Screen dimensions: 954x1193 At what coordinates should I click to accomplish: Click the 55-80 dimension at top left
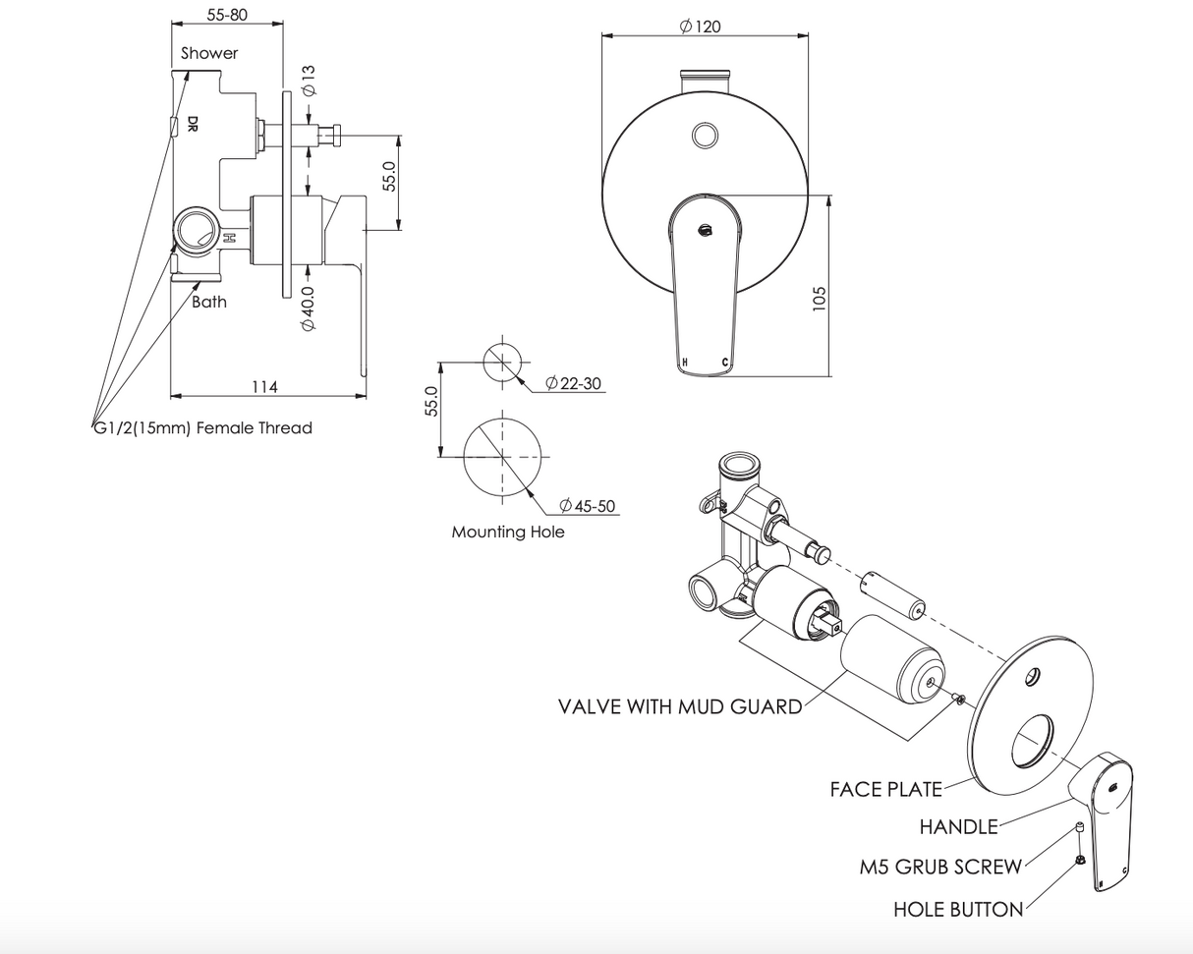[x=227, y=15]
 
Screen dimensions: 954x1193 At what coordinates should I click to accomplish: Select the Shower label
[x=208, y=53]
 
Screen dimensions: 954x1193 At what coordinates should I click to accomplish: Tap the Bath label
[x=208, y=302]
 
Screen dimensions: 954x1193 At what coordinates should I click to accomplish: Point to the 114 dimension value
[x=264, y=386]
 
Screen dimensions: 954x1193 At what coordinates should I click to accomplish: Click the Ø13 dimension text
[x=309, y=81]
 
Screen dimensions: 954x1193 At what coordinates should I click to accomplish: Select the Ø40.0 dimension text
[x=309, y=308]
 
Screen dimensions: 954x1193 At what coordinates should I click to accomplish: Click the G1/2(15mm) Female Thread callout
[x=202, y=427]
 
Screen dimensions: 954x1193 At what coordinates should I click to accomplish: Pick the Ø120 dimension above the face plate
[x=700, y=27]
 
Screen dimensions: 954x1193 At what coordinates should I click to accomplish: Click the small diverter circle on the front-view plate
[x=705, y=135]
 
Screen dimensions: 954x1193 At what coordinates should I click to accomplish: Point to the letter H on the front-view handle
[x=685, y=363]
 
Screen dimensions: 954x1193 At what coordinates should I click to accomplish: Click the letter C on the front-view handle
[x=725, y=363]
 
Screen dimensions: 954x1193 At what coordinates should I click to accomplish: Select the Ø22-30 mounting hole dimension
[x=574, y=383]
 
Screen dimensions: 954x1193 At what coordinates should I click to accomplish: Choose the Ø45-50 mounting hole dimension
[x=588, y=506]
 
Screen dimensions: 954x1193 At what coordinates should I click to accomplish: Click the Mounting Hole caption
[x=508, y=532]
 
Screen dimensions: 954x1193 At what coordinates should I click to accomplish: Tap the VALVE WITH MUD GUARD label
[x=680, y=706]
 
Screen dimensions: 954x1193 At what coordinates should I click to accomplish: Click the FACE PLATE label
[x=885, y=789]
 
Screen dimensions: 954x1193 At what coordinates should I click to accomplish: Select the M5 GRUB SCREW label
[x=940, y=867]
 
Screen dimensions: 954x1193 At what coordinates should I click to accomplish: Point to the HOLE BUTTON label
[x=957, y=910]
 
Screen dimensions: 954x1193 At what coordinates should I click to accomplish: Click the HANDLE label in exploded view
[x=958, y=827]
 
